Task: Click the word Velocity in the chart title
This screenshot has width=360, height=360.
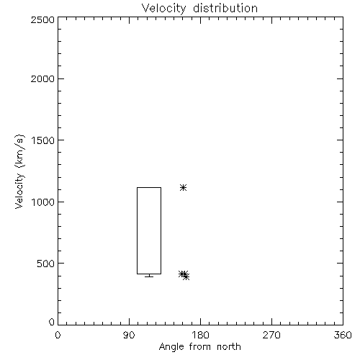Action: coord(164,9)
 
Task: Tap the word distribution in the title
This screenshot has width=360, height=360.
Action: coord(225,8)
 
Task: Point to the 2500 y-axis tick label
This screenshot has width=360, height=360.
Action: coord(43,19)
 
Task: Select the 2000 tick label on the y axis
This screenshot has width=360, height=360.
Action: coord(43,78)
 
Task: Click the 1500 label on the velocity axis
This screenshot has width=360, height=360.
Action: coord(43,140)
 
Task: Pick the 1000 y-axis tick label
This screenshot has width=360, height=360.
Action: coord(43,202)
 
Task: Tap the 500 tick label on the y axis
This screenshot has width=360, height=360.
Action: coord(46,264)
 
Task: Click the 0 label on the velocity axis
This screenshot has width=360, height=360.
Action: coord(52,322)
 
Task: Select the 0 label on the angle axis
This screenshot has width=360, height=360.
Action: coord(58,335)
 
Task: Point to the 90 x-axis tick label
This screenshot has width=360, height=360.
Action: coord(129,335)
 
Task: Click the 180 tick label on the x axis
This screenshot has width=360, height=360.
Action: coord(200,335)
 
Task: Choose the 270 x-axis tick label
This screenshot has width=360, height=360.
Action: coord(271,335)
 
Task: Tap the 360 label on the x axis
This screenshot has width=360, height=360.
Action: coord(343,335)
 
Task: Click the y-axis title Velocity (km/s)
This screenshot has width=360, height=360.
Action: coord(19,171)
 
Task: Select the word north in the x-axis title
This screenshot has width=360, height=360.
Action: coord(229,347)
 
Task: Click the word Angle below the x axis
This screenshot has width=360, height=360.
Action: coord(171,347)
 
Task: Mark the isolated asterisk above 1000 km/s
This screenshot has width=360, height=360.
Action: coord(184,187)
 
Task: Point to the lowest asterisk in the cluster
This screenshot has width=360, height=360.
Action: coord(186,277)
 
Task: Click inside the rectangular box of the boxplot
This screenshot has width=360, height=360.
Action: coord(149,230)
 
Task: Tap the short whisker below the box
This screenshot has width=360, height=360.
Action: coord(149,276)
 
